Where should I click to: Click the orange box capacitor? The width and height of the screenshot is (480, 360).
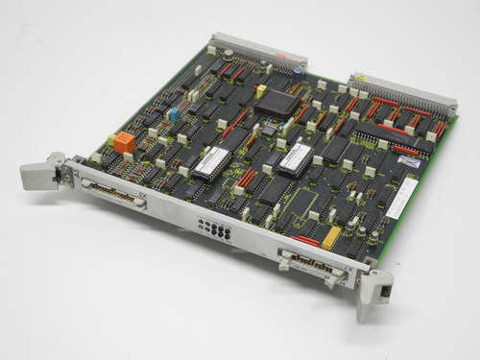click(124, 141)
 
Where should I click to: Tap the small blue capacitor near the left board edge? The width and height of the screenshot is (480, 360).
click(174, 112)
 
